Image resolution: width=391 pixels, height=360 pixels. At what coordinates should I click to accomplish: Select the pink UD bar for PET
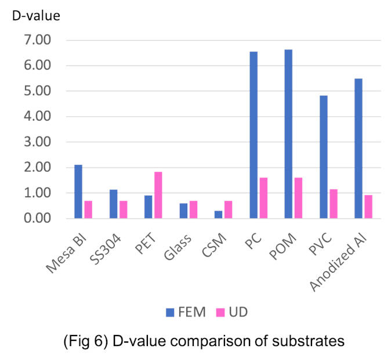pos(158,195)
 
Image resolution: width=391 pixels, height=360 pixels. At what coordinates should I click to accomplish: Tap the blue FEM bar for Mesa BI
pos(78,192)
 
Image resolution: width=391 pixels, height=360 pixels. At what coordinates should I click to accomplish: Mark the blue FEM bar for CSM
pos(218,214)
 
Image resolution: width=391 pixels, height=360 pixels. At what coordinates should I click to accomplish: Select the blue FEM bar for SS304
pos(114,204)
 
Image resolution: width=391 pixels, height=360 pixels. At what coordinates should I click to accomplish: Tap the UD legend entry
pos(235,312)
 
